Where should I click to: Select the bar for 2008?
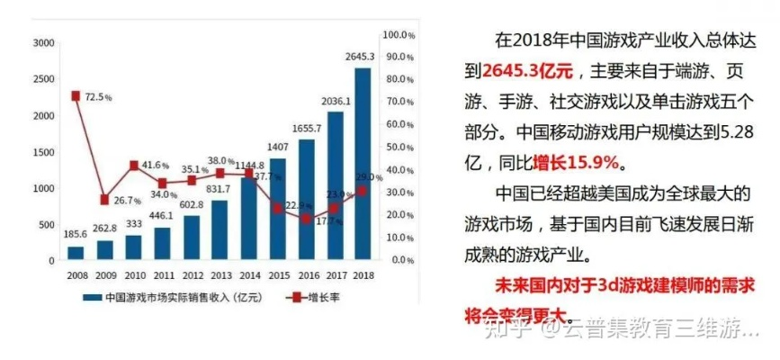[x=76, y=253]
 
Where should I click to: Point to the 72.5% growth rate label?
[x=98, y=96]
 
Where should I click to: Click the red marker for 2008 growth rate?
[x=76, y=95]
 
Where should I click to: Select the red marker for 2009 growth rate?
[x=104, y=199]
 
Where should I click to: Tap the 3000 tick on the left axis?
[x=42, y=43]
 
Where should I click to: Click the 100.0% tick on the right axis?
[x=398, y=34]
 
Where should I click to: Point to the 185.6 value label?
[x=76, y=234]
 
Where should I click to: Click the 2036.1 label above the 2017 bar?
[x=334, y=102]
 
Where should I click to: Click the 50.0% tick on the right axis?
[x=398, y=147]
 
